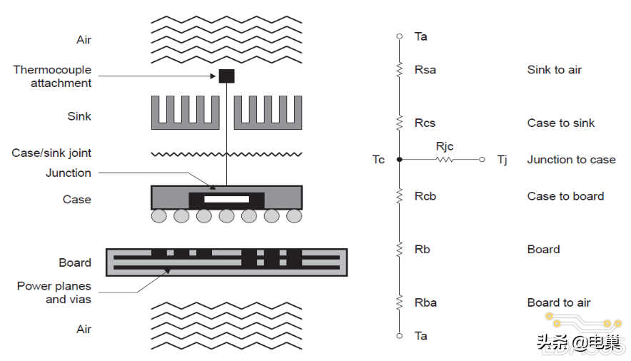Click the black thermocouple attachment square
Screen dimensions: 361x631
click(226, 76)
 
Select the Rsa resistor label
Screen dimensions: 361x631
click(425, 70)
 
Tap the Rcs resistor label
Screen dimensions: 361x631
click(425, 123)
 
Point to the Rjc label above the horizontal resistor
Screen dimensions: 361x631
click(445, 146)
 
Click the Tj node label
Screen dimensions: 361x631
click(502, 160)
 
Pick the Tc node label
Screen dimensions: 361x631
click(378, 160)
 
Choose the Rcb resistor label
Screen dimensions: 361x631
click(425, 196)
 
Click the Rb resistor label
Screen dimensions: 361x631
click(422, 250)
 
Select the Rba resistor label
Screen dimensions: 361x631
click(425, 302)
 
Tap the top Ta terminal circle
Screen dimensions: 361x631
click(400, 36)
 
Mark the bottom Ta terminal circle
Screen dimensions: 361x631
click(400, 335)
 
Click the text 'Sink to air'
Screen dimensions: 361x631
click(554, 70)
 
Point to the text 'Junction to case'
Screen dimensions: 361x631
click(571, 160)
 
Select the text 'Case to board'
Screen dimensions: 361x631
click(565, 196)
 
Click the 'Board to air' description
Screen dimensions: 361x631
click(559, 302)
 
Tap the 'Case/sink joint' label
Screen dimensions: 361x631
click(51, 153)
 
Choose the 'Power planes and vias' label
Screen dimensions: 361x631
click(54, 293)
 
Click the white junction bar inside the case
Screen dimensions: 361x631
click(226, 199)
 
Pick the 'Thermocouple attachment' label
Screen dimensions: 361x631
click(52, 76)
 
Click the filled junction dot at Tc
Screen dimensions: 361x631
click(400, 160)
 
